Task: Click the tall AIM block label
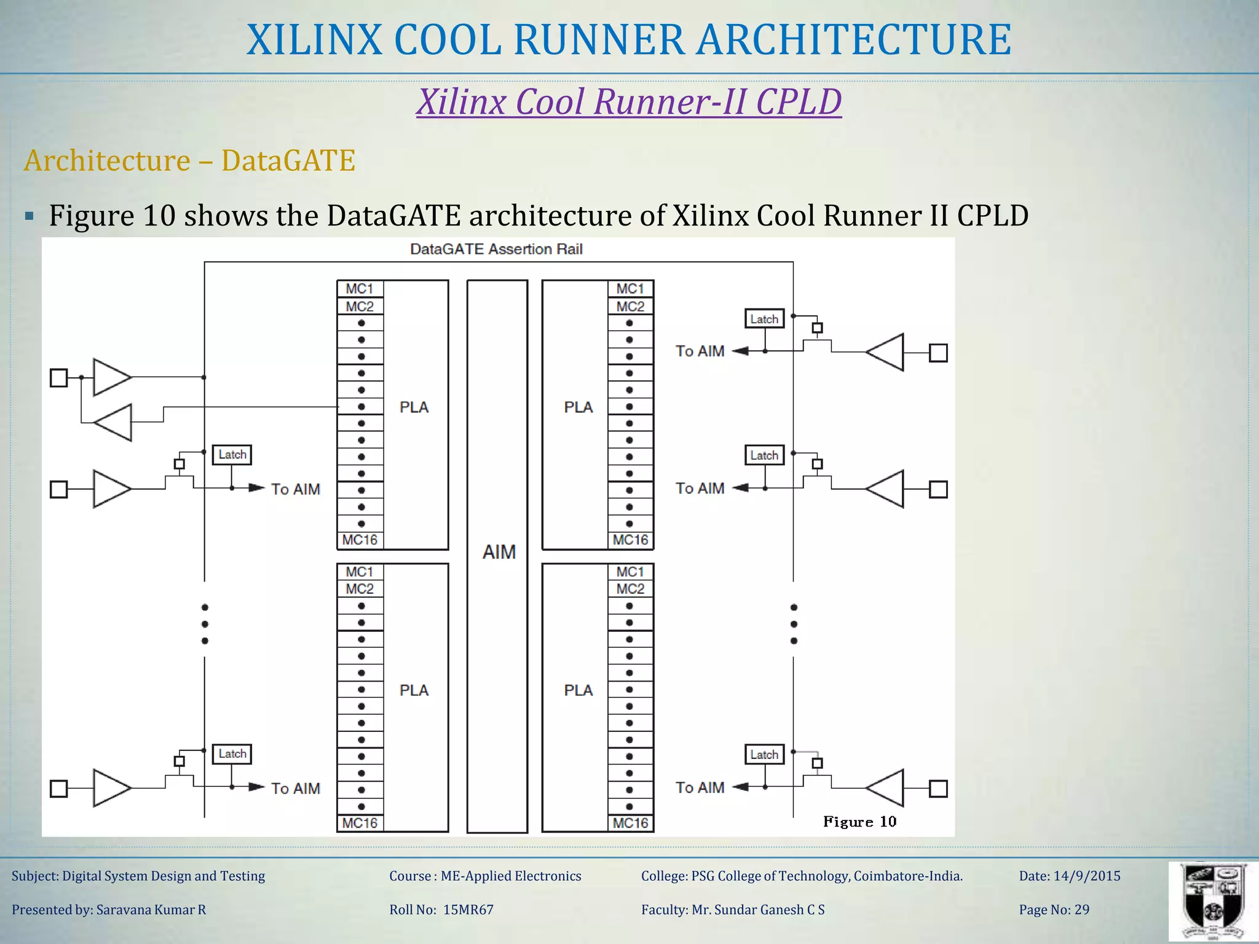(499, 552)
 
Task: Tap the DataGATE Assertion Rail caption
(496, 249)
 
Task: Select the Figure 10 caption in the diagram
(859, 822)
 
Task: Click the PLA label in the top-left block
(414, 407)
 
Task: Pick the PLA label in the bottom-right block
(578, 690)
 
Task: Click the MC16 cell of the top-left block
(360, 540)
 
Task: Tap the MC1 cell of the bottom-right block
(630, 572)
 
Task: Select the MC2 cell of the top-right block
(630, 306)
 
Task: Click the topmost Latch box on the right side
(764, 319)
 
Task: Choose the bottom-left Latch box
(232, 753)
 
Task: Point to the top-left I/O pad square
(59, 377)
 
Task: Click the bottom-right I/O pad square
(938, 789)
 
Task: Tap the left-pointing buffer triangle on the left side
(114, 423)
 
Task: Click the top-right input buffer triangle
(886, 352)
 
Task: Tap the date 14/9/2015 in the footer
(1086, 876)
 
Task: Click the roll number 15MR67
(468, 910)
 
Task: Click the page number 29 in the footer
(1081, 910)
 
